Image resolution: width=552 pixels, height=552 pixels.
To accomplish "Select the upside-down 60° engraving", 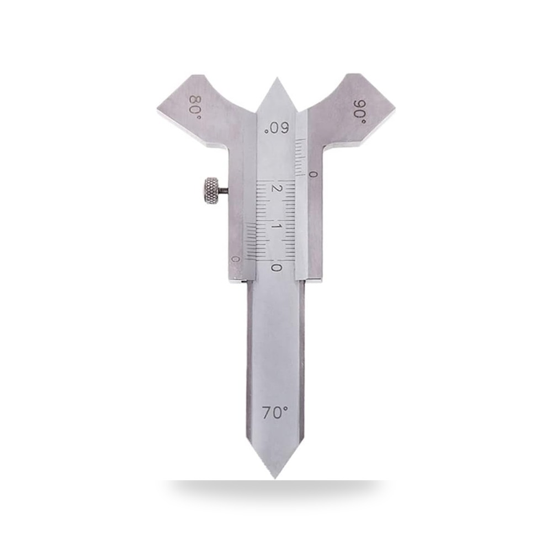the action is [277, 128].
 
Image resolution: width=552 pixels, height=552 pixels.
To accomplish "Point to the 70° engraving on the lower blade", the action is [274, 412].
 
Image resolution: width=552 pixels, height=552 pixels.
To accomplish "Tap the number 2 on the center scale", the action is [275, 188].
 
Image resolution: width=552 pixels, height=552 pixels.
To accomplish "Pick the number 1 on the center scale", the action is [276, 226].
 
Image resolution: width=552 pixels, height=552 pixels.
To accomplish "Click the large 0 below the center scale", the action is [277, 267].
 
